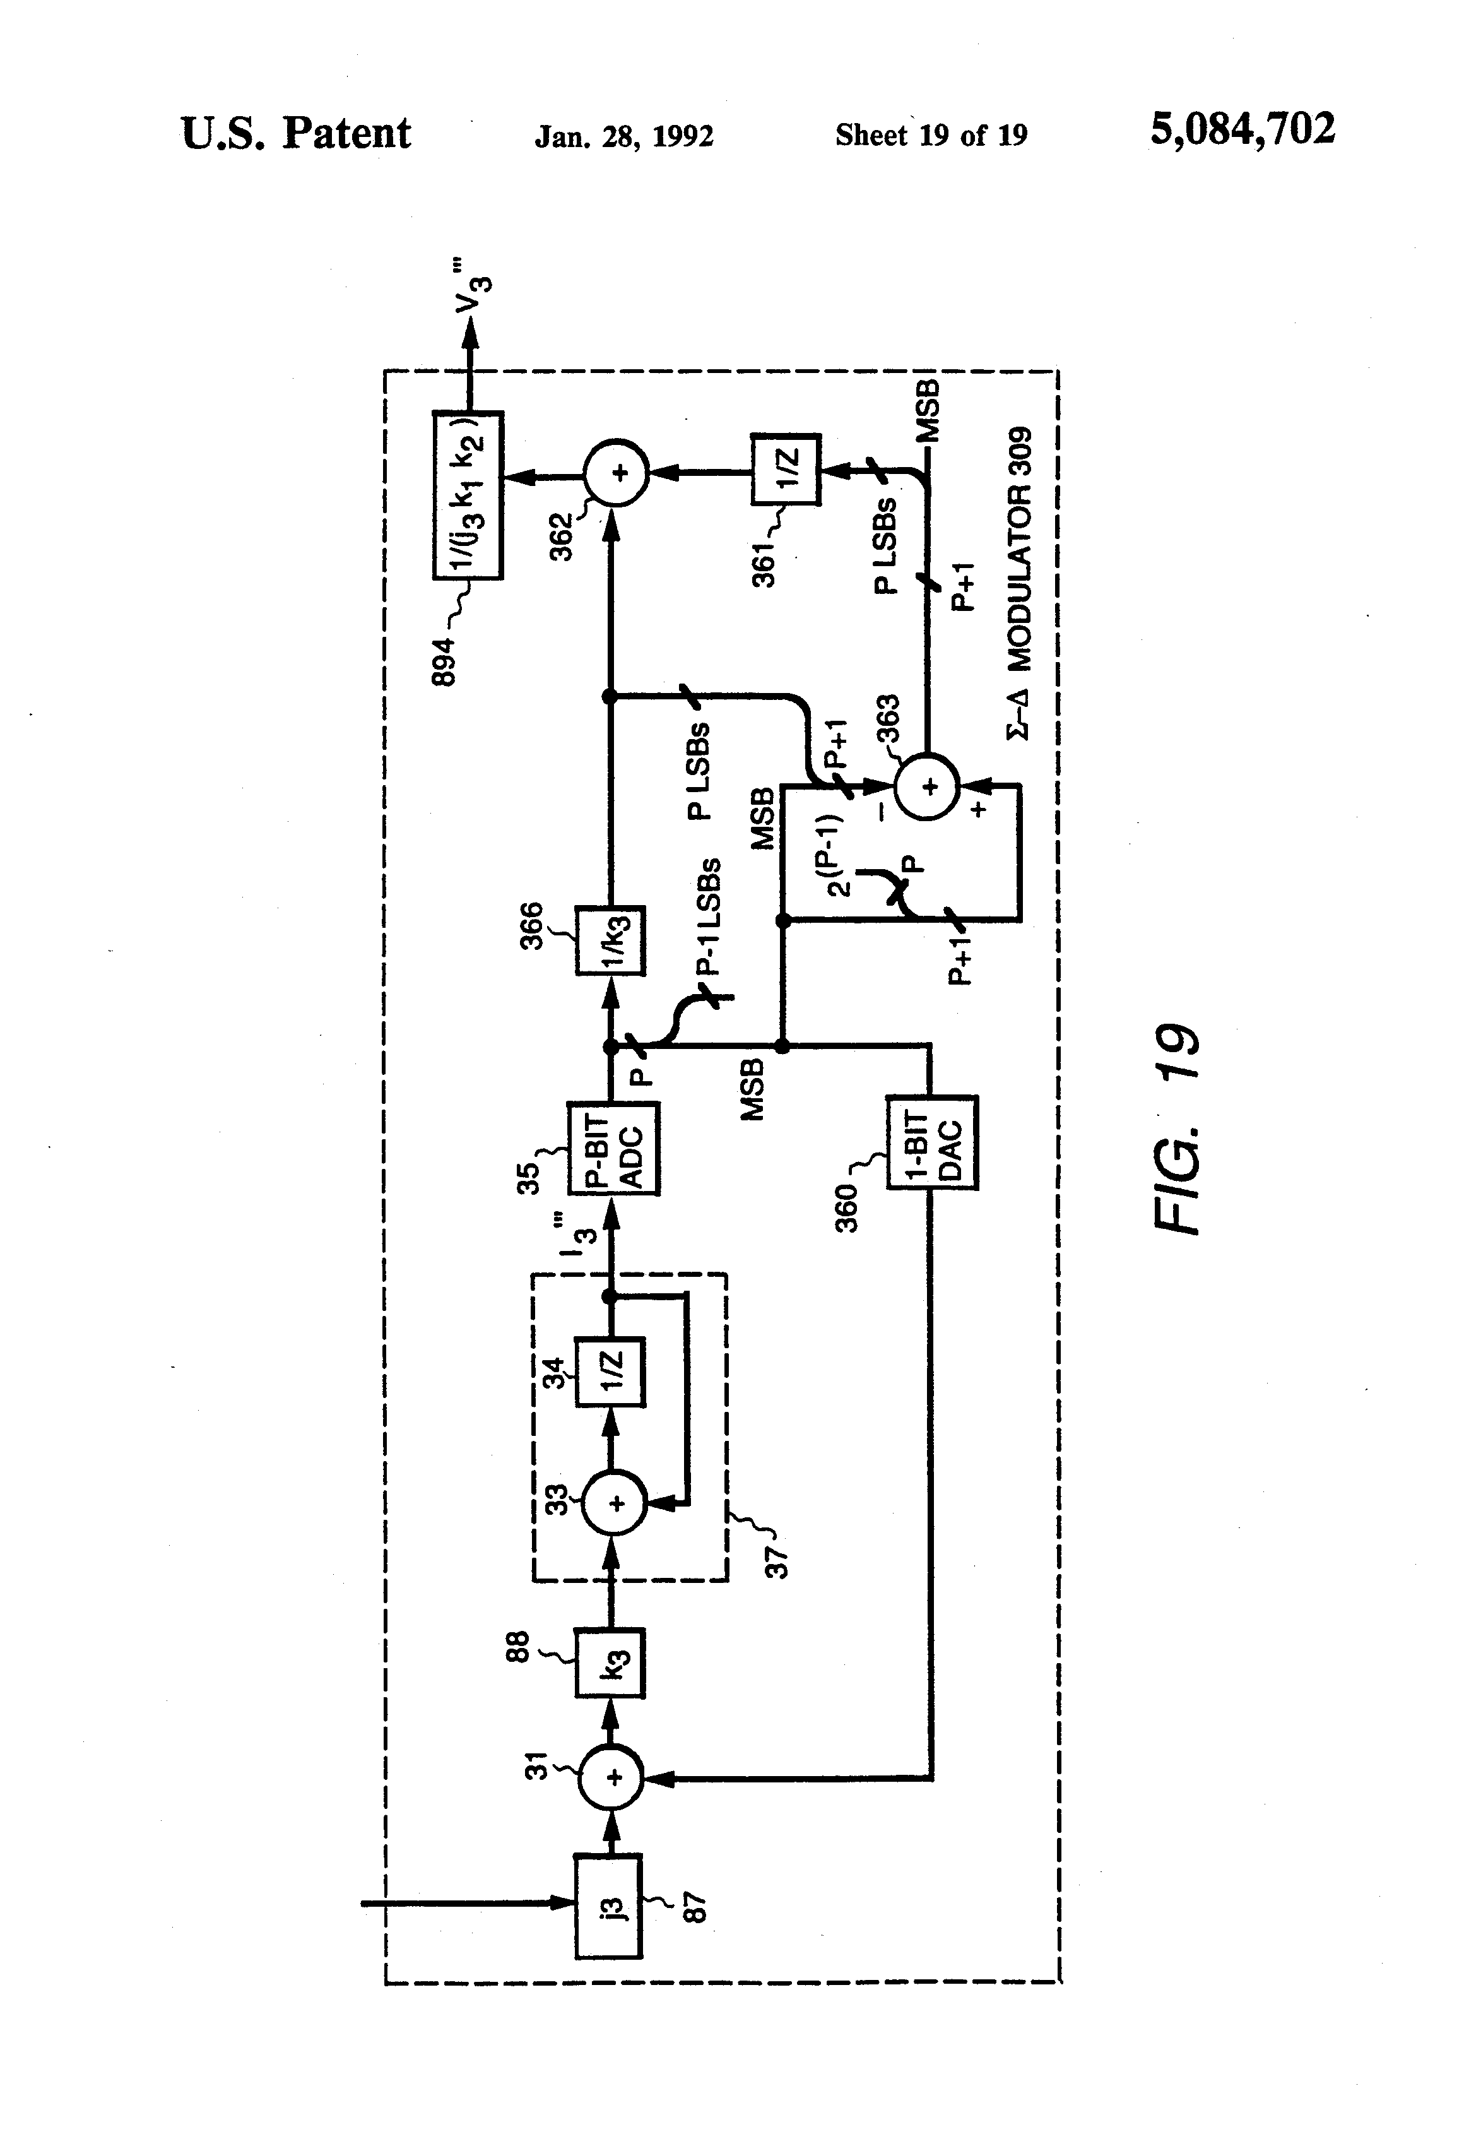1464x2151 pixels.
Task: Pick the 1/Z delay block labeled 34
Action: (x=610, y=1372)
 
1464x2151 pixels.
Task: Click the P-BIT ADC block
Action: (x=613, y=1147)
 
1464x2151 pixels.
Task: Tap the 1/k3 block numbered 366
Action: (x=610, y=941)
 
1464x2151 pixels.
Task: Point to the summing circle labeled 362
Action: (x=615, y=474)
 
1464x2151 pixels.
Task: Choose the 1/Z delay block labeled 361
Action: (x=786, y=469)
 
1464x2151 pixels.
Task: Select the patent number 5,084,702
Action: (x=1242, y=129)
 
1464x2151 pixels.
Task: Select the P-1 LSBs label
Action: (x=708, y=917)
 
